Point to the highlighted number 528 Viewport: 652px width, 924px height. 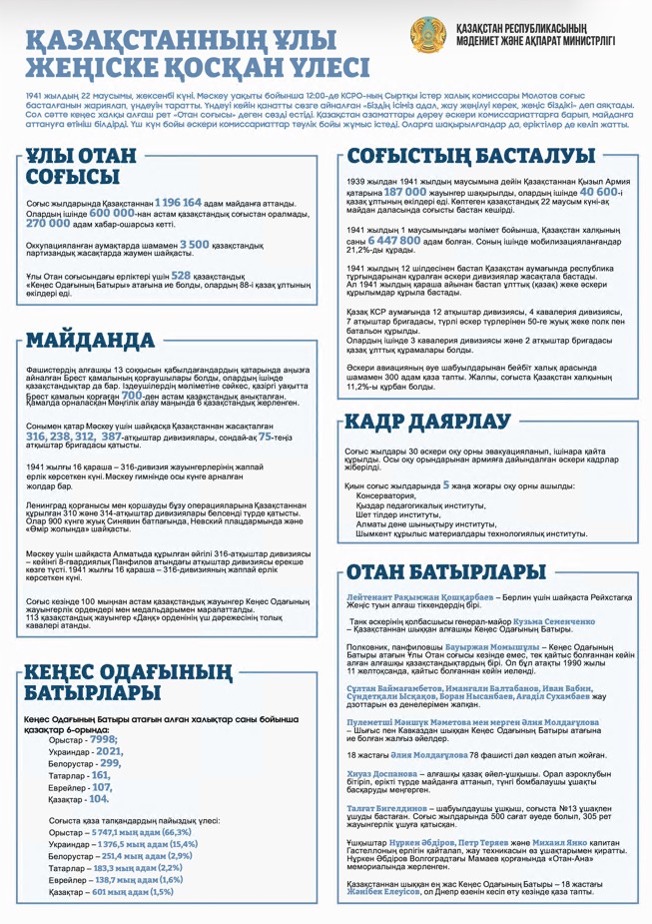[181, 275]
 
